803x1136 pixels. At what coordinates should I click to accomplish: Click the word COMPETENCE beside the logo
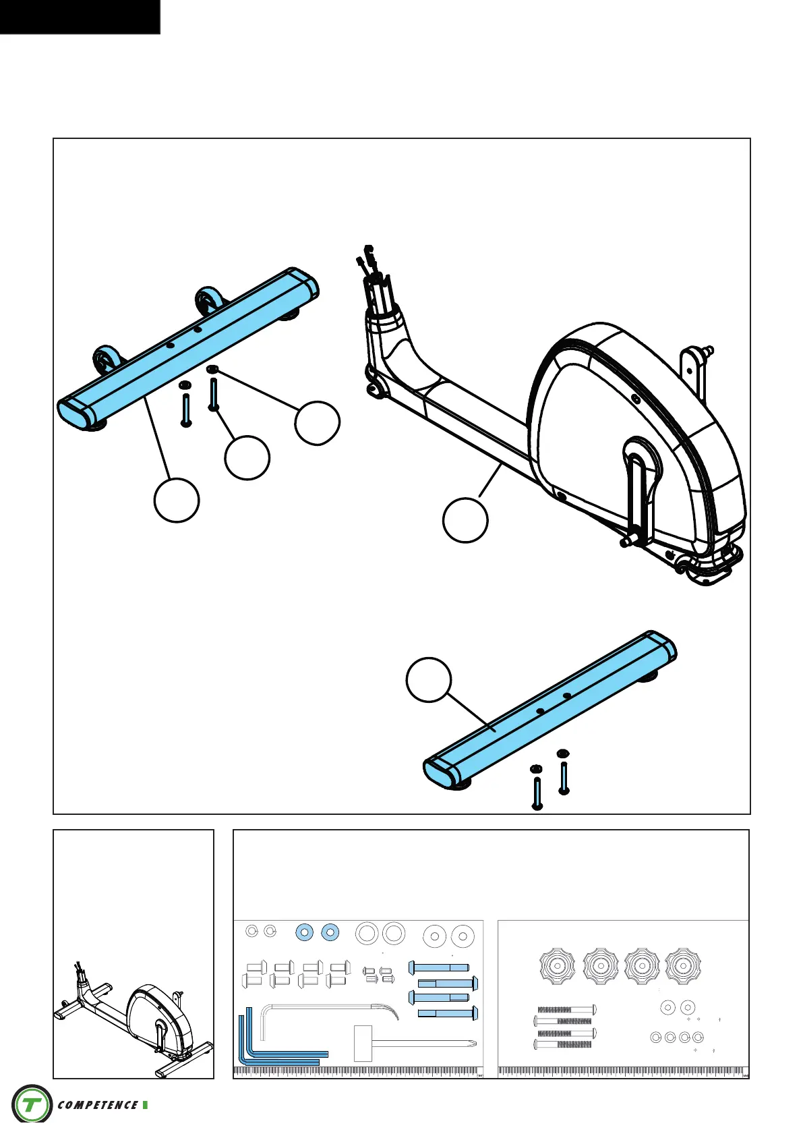click(98, 1105)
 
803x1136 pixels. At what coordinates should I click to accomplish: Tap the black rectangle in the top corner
click(80, 16)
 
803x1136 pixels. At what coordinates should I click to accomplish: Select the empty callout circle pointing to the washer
click(317, 423)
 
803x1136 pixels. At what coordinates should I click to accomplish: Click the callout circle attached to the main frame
click(465, 520)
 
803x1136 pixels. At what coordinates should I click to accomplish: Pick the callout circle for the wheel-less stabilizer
click(428, 679)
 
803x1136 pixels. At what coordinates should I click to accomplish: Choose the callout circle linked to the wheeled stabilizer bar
click(177, 501)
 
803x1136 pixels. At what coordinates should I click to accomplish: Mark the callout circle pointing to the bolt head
click(247, 458)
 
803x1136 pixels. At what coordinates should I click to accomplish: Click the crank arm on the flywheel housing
click(637, 489)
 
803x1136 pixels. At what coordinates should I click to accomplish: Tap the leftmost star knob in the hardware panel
click(558, 967)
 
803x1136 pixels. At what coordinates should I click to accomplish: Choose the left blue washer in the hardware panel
click(305, 932)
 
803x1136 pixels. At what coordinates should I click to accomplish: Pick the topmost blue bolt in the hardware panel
click(439, 968)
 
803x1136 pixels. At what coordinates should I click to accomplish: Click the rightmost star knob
click(683, 967)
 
